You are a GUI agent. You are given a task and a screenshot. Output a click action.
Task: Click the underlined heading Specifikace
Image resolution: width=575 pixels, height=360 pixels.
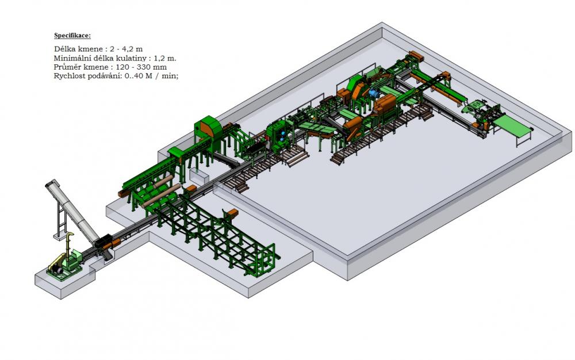click(x=72, y=36)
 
